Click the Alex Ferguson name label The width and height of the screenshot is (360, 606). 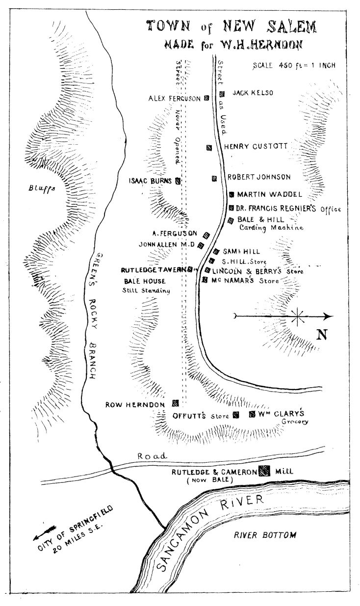tap(175, 99)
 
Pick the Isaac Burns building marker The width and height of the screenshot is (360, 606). tap(178, 181)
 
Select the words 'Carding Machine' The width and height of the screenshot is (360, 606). tap(271, 228)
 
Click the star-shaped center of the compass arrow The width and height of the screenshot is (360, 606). tap(297, 316)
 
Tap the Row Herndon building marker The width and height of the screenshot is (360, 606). tap(175, 403)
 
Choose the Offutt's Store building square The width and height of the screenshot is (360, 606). tap(236, 415)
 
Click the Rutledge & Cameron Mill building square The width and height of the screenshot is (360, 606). tap(264, 471)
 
